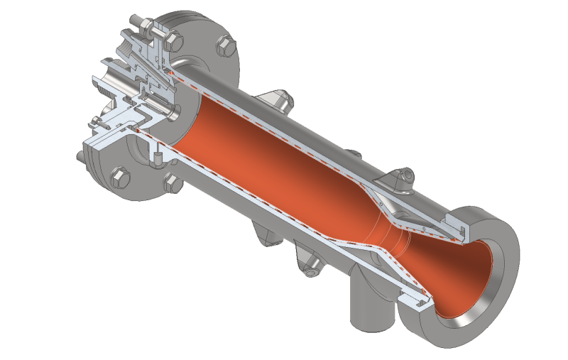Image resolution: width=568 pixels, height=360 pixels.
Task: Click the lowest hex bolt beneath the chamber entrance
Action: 172,184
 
